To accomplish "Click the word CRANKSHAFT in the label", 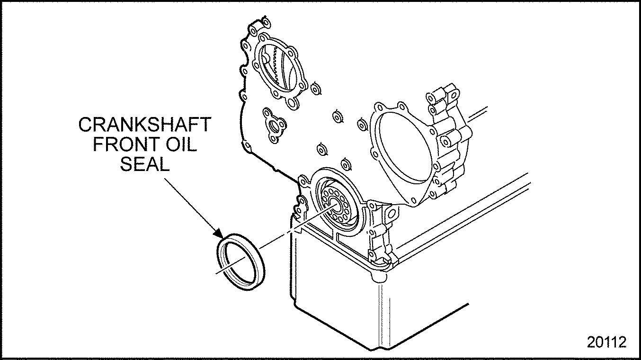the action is [x=145, y=125].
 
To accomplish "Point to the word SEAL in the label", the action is [x=145, y=164].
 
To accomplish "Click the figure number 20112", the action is [x=606, y=342].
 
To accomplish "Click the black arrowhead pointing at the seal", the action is [x=220, y=234].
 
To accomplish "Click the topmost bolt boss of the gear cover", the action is [x=265, y=22].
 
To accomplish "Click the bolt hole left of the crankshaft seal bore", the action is [x=303, y=181].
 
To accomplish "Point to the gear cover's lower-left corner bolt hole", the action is [x=247, y=146].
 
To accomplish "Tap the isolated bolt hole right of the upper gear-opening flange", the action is [x=316, y=89].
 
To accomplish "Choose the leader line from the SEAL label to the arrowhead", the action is [x=190, y=205].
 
